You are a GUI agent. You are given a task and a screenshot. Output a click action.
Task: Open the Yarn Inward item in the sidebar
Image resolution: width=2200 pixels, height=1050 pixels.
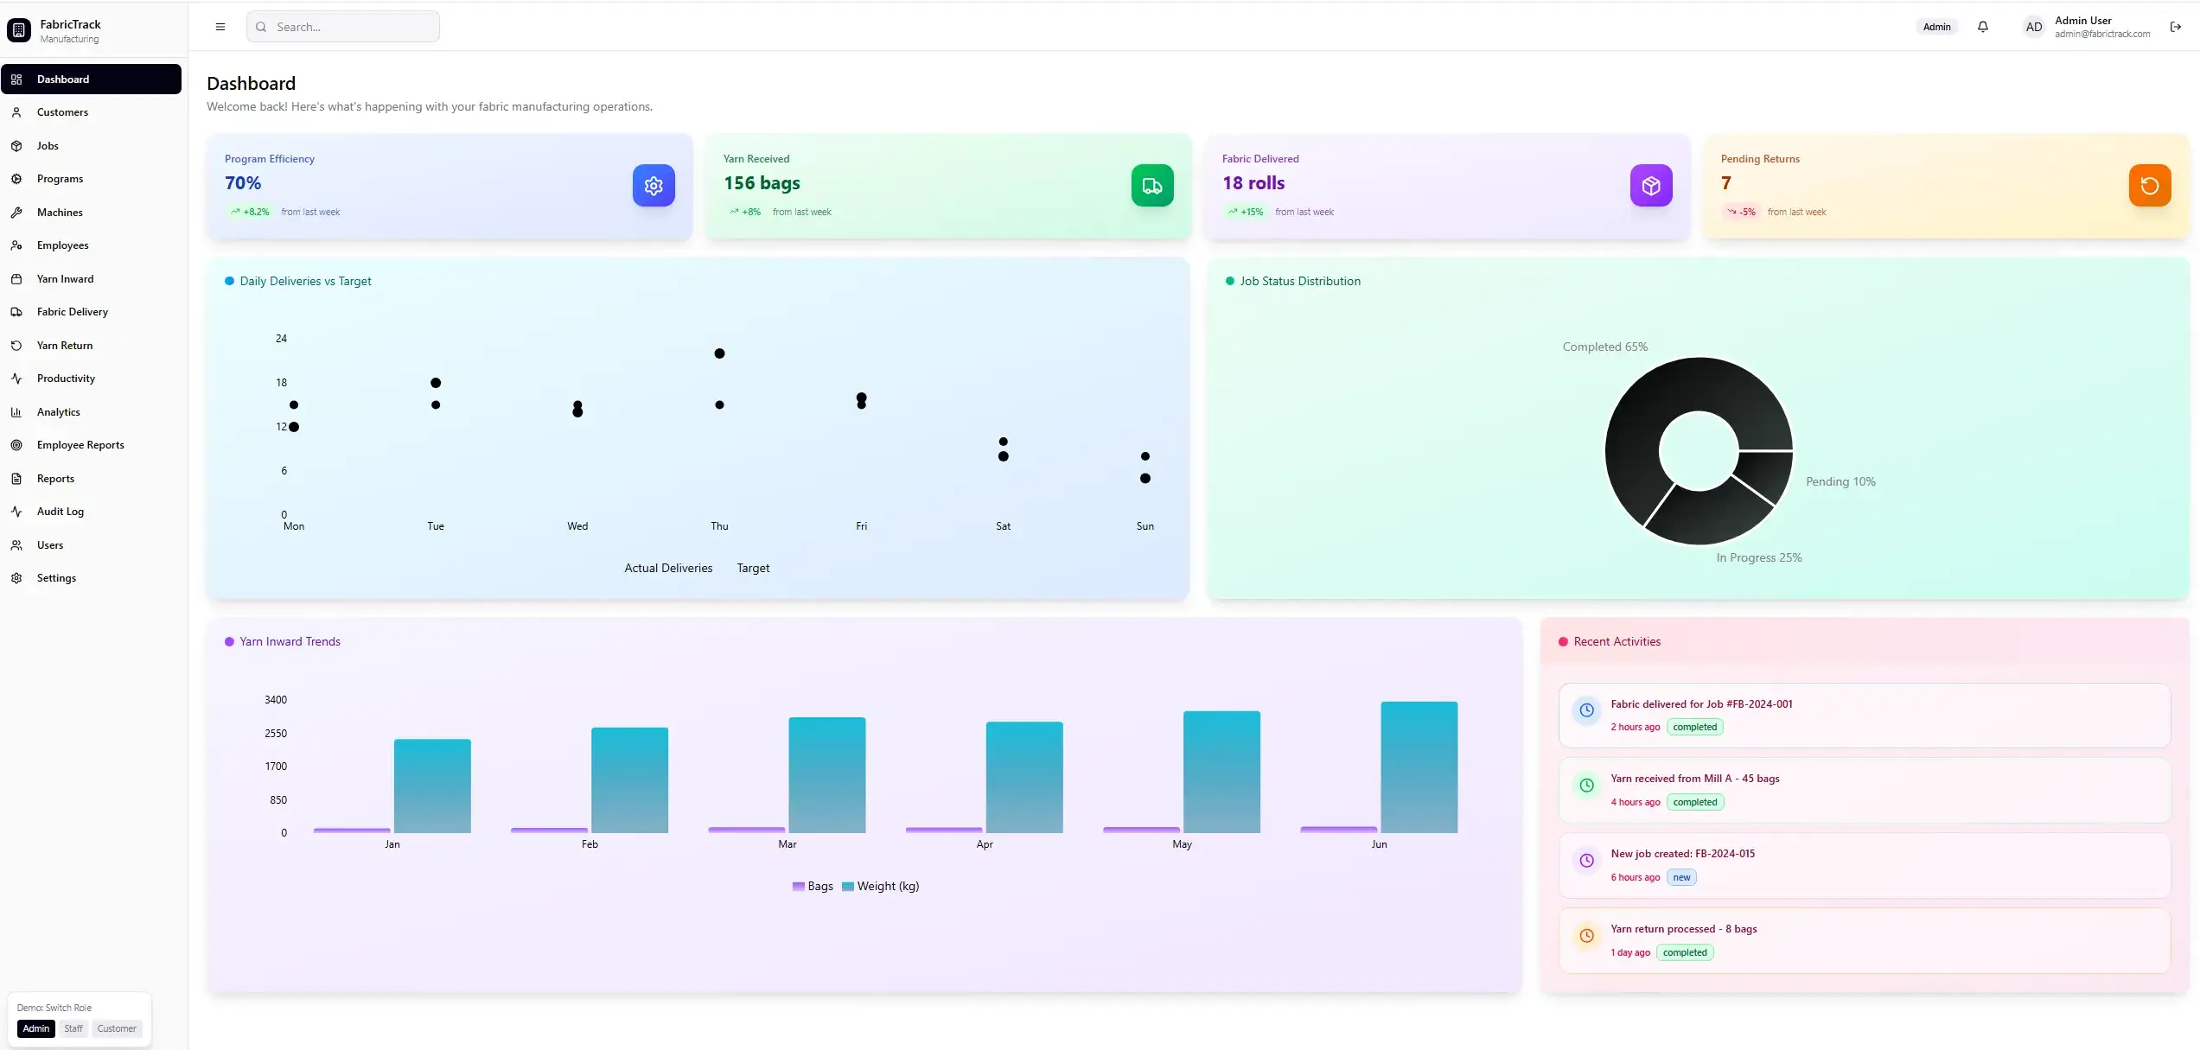(x=65, y=279)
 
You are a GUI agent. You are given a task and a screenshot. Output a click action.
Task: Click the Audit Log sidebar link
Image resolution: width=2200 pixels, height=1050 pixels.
(x=60, y=512)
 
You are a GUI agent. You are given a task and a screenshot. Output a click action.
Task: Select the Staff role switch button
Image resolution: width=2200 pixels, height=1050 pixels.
(x=73, y=1028)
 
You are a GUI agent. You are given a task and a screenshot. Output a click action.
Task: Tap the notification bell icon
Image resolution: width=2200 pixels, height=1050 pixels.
(x=1983, y=27)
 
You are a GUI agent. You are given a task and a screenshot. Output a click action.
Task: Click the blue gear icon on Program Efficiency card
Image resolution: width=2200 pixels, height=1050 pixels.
(x=654, y=186)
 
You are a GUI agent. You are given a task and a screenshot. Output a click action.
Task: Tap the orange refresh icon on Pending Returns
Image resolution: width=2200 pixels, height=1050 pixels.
(x=2150, y=186)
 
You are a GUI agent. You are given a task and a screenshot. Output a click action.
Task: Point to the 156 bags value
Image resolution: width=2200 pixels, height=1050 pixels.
(x=762, y=183)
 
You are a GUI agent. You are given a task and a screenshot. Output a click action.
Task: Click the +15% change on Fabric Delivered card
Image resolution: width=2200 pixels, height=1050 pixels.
(x=1251, y=212)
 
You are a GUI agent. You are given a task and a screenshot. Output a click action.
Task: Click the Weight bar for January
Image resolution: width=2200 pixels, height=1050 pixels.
(x=432, y=786)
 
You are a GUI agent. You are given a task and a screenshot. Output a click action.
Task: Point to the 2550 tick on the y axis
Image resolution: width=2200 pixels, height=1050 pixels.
(x=276, y=734)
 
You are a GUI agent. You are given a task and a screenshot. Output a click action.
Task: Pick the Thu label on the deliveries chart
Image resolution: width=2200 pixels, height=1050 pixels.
(x=719, y=526)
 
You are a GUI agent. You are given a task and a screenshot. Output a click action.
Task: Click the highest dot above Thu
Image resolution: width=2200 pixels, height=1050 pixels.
(x=719, y=353)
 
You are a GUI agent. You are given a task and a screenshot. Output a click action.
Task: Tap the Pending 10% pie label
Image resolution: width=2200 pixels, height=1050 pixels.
(x=1840, y=481)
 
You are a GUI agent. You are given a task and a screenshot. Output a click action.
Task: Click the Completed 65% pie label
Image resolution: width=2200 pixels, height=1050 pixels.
(x=1604, y=347)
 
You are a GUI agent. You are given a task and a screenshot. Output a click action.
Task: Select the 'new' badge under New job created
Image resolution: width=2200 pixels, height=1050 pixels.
(x=1681, y=877)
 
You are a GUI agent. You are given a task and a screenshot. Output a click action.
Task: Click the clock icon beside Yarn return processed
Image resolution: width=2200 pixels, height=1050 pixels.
(x=1587, y=936)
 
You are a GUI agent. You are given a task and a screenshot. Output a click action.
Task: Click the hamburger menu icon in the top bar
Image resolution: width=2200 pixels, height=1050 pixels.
(x=220, y=27)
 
